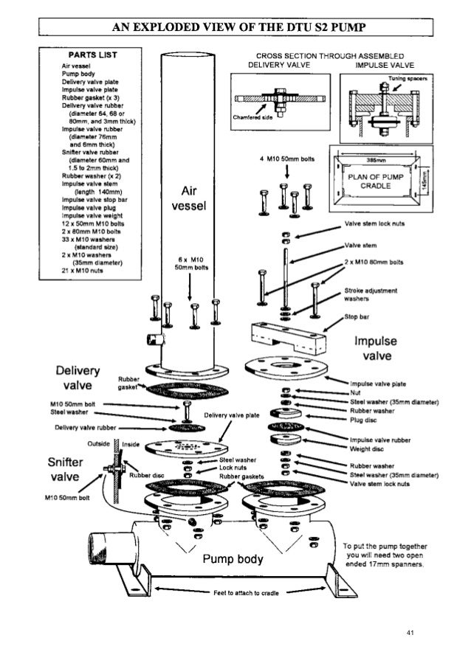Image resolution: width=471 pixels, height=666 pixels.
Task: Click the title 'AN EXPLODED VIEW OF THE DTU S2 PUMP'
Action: [x=235, y=28]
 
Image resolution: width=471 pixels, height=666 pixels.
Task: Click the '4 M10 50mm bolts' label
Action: [x=288, y=159]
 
